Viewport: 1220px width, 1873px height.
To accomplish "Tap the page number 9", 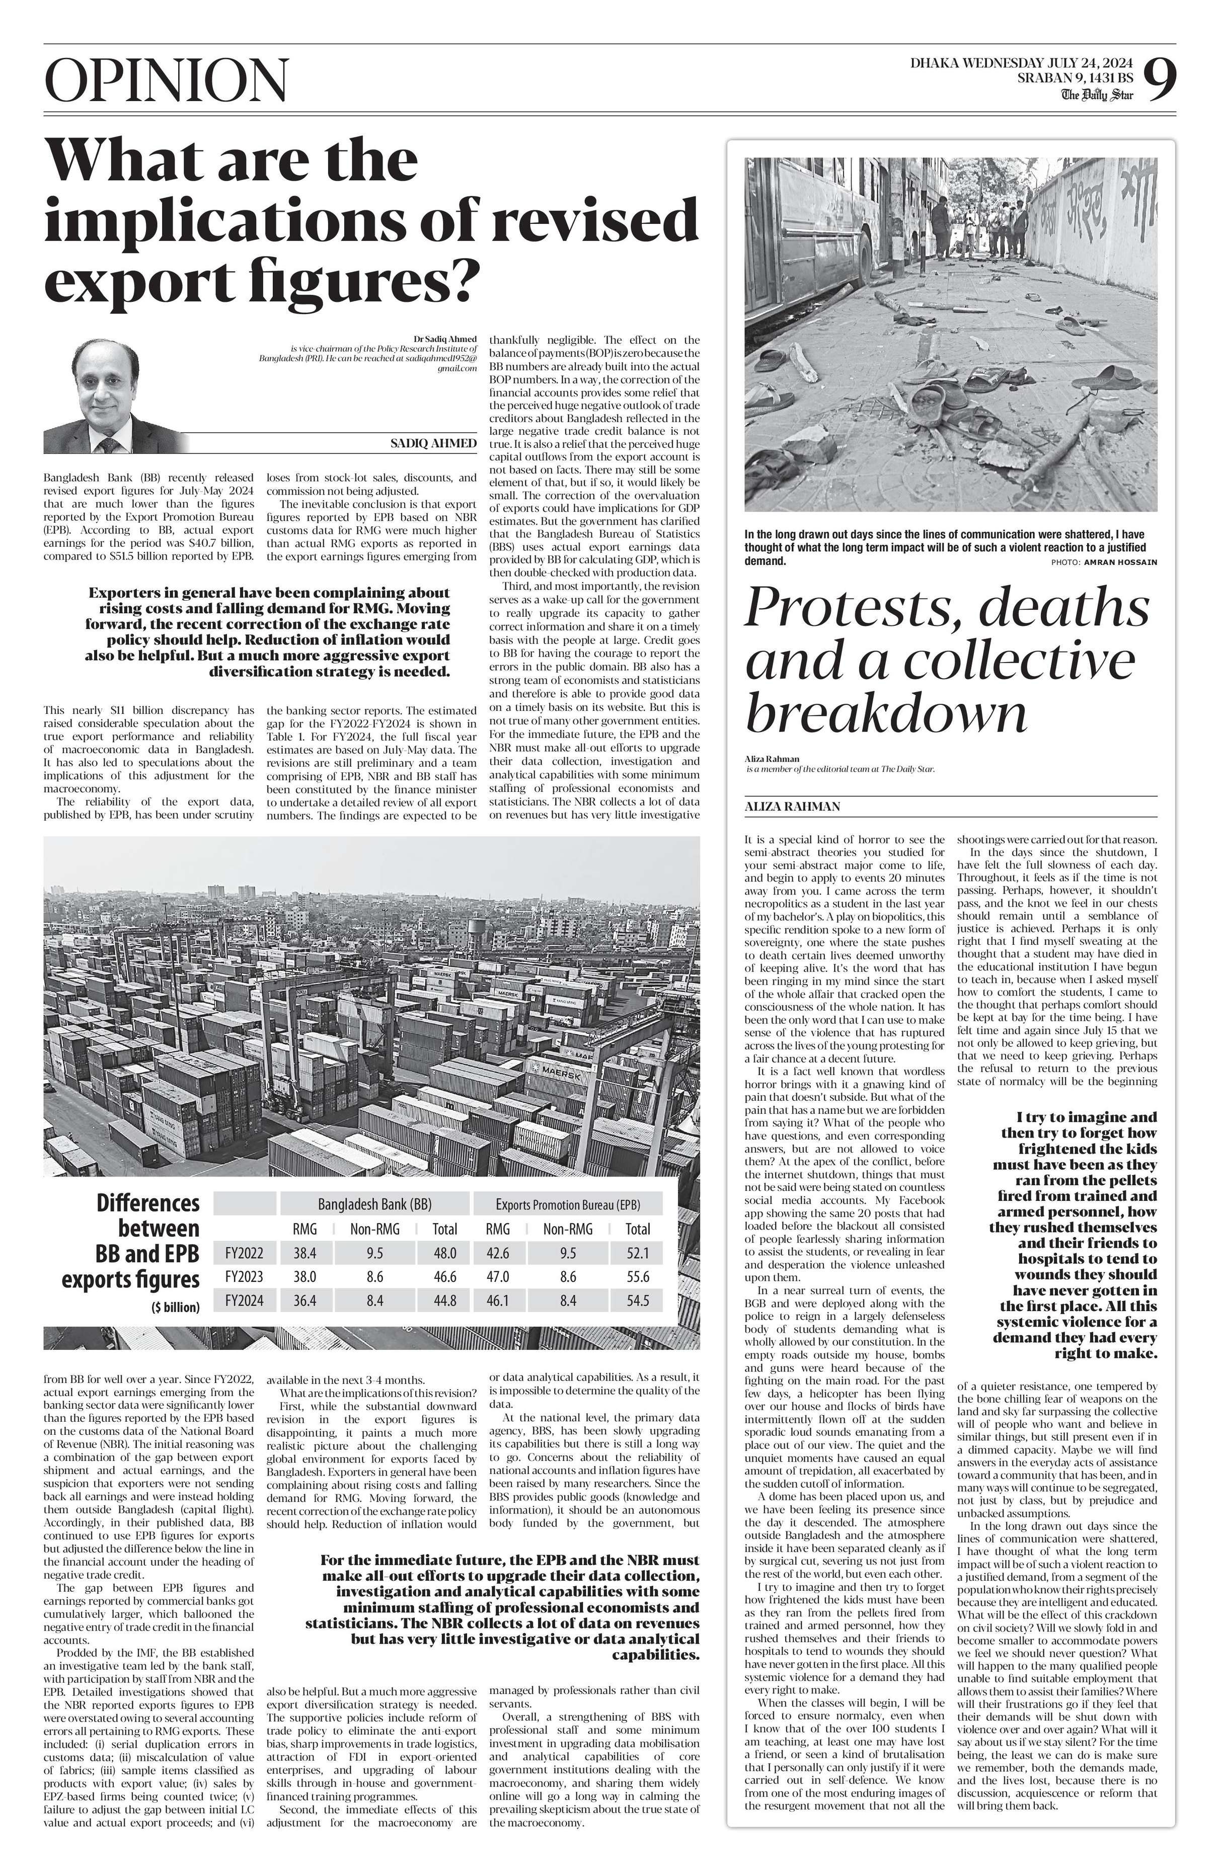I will coord(1160,78).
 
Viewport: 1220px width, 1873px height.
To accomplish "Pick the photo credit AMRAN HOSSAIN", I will coord(1120,562).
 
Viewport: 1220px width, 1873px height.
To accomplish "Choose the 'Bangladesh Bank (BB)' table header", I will coord(374,1204).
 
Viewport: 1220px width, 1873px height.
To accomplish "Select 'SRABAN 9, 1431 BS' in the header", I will coord(1075,78).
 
